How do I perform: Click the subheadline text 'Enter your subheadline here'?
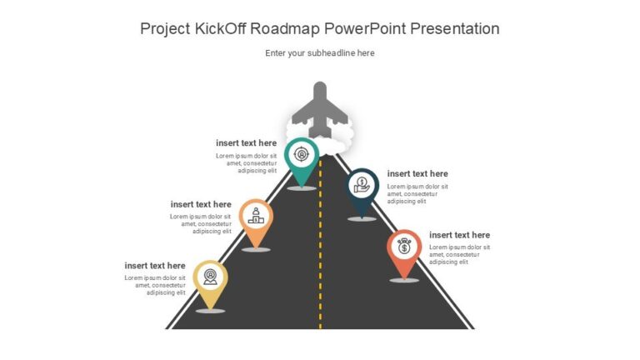[x=320, y=53]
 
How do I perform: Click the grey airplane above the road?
[x=319, y=107]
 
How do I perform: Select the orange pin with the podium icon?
[x=257, y=218]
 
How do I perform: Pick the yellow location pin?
[x=210, y=277]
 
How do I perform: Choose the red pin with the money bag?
[x=404, y=249]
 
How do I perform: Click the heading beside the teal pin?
[x=246, y=143]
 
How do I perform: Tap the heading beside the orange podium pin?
[x=201, y=204]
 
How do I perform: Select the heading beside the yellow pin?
[x=155, y=266]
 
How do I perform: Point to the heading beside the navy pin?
[x=417, y=174]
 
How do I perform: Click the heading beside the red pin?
[x=459, y=235]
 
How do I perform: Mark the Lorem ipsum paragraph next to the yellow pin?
[x=156, y=285]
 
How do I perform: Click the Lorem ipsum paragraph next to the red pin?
[x=459, y=254]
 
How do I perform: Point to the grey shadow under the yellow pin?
[x=210, y=311]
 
